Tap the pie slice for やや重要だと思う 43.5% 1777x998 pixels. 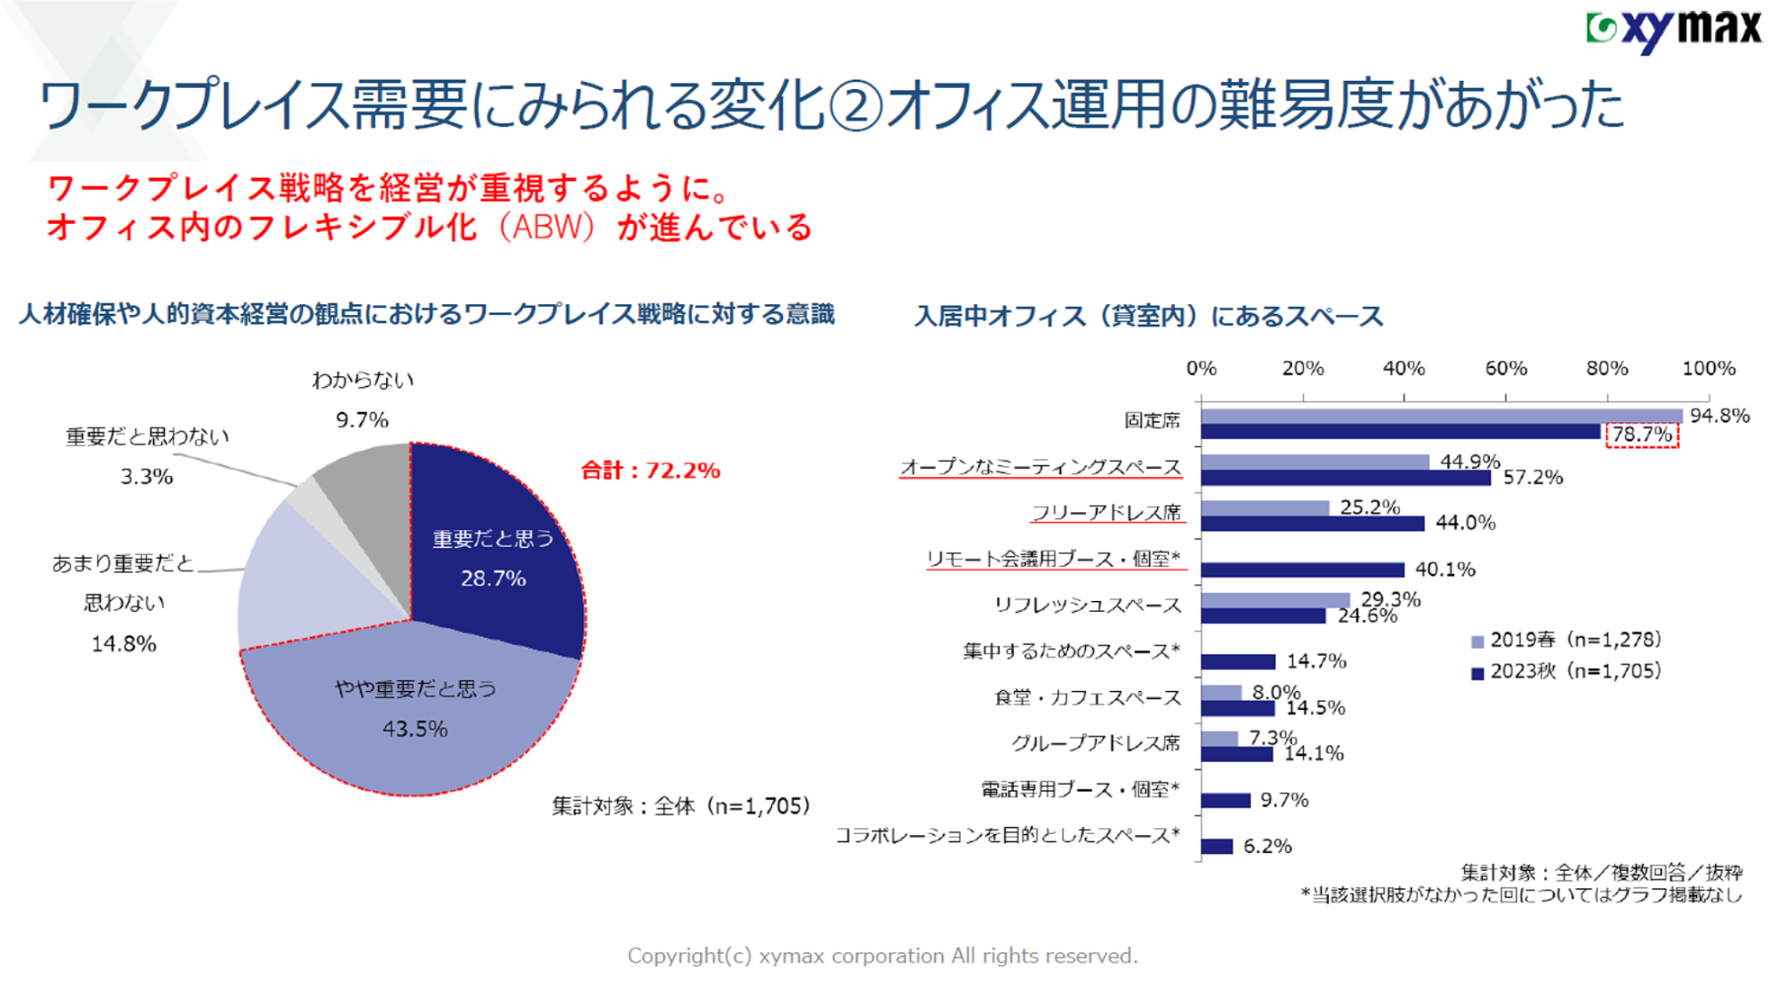coord(415,711)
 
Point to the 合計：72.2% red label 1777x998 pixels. coord(651,471)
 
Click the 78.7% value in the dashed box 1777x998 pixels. coord(1642,435)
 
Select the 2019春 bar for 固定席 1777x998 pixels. coord(1441,417)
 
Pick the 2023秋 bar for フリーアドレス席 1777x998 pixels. coord(1313,523)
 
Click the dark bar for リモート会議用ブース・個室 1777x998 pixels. coord(1303,570)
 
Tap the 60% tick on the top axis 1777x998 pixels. coord(1506,369)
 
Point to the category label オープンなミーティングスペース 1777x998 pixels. coord(1041,467)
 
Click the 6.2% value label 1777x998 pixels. coord(1268,846)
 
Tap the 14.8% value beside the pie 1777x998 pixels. coord(124,645)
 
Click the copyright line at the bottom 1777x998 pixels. coord(883,956)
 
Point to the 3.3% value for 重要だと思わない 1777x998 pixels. coord(147,477)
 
